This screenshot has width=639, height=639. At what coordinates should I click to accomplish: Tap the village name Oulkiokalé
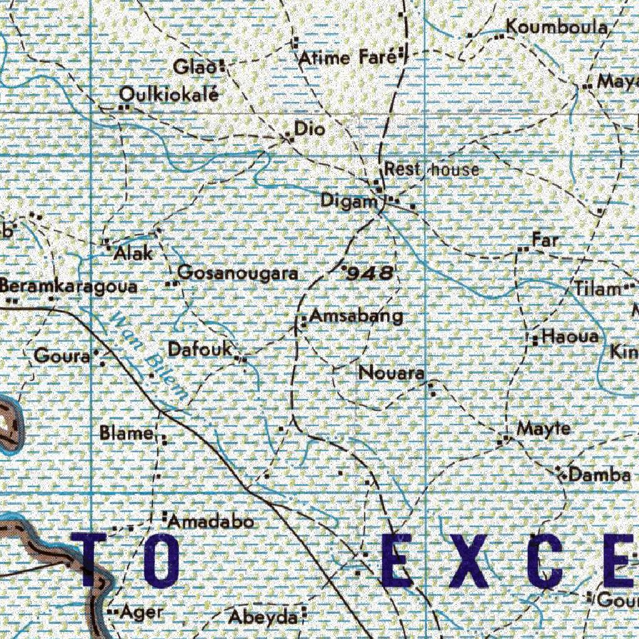coord(169,95)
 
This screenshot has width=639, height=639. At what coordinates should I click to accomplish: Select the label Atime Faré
coord(347,58)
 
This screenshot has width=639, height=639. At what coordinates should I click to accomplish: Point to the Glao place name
coord(195,66)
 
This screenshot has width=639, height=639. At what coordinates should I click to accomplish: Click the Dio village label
coord(310,129)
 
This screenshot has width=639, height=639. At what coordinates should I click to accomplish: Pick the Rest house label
coord(432,169)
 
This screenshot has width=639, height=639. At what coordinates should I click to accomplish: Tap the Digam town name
coord(349,201)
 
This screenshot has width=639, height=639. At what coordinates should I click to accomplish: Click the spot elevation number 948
coord(370,272)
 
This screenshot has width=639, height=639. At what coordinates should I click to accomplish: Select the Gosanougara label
coord(238,273)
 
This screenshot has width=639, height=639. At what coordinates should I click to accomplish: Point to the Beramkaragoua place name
coord(69,286)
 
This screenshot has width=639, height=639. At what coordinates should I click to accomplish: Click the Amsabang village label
coord(356,316)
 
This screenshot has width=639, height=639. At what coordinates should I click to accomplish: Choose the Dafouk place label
coord(200,349)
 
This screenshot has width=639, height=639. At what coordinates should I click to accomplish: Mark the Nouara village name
coord(391,373)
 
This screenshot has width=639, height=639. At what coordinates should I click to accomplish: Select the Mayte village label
coord(544,429)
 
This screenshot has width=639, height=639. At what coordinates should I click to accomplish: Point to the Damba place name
coord(599,476)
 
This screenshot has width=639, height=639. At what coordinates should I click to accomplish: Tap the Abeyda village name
coord(262,617)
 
